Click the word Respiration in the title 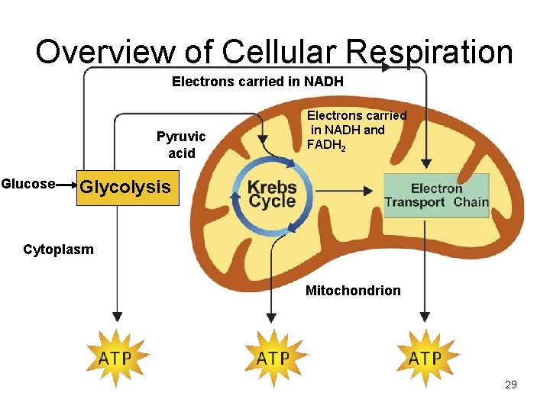click(x=429, y=52)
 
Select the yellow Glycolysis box click(x=126, y=187)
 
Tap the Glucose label click(x=28, y=184)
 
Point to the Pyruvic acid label click(x=181, y=145)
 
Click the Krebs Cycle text click(x=272, y=194)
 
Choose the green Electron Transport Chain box click(x=436, y=195)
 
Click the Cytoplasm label click(x=59, y=249)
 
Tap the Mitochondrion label click(x=353, y=291)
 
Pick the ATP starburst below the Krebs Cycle click(x=273, y=359)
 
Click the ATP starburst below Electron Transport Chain click(x=425, y=359)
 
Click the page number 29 click(x=511, y=385)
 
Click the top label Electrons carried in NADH click(x=257, y=81)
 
